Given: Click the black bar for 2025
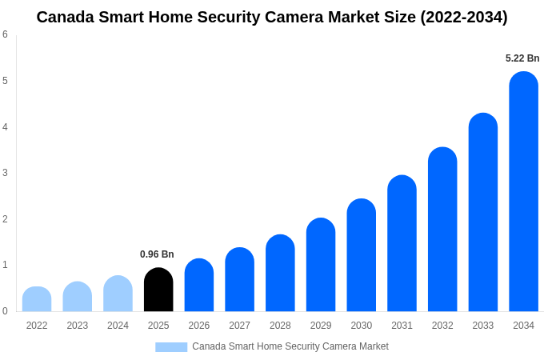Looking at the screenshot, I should point(158,290).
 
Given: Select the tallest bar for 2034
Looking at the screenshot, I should point(523,192).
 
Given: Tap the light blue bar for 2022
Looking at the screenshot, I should point(37,299).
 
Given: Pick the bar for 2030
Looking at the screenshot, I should point(361,255).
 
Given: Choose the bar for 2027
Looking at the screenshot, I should point(239,279).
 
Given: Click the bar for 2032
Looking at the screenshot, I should point(442,230).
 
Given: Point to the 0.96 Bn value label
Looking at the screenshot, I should point(157,254).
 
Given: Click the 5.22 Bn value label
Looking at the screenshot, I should point(522,58).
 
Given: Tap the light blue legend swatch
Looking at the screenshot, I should point(171,347).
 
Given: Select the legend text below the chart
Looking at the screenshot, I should point(290,346).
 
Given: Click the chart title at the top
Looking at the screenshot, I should point(272,17).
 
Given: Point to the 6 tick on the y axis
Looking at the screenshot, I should point(5,34).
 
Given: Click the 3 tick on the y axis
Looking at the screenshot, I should point(5,173).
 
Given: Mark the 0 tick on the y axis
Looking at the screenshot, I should point(5,311).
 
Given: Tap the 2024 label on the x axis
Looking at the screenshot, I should point(118,326).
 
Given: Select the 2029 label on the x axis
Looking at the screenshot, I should point(321,326).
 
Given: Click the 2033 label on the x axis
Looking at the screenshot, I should point(482,326).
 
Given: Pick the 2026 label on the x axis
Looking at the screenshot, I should point(199,326).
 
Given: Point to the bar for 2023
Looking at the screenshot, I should point(78,297).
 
